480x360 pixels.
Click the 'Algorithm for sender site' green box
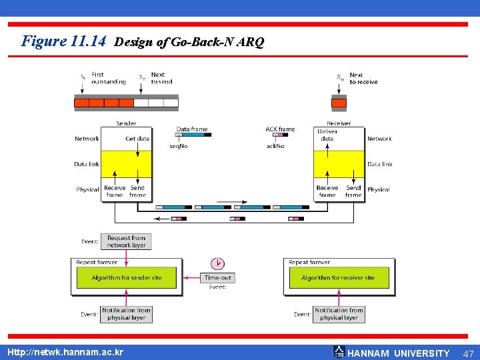[127, 278]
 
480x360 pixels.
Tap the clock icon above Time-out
[217, 263]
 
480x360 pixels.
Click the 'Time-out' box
[217, 277]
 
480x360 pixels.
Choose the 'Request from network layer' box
[126, 241]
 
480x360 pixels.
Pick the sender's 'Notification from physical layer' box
[126, 314]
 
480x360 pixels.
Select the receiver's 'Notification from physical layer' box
[339, 314]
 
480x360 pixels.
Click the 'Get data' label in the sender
[137, 139]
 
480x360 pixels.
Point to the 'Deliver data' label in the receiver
[327, 135]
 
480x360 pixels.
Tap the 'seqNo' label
[178, 146]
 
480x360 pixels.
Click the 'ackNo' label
[275, 146]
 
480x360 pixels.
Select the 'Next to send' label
[161, 78]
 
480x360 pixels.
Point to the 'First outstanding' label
[108, 78]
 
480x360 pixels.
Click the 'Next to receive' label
[363, 79]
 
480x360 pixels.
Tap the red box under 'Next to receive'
[339, 103]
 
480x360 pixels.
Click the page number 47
[468, 353]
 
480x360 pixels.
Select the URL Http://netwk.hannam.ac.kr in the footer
[65, 351]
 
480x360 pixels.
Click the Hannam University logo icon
[339, 352]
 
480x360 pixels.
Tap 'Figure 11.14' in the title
[63, 41]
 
